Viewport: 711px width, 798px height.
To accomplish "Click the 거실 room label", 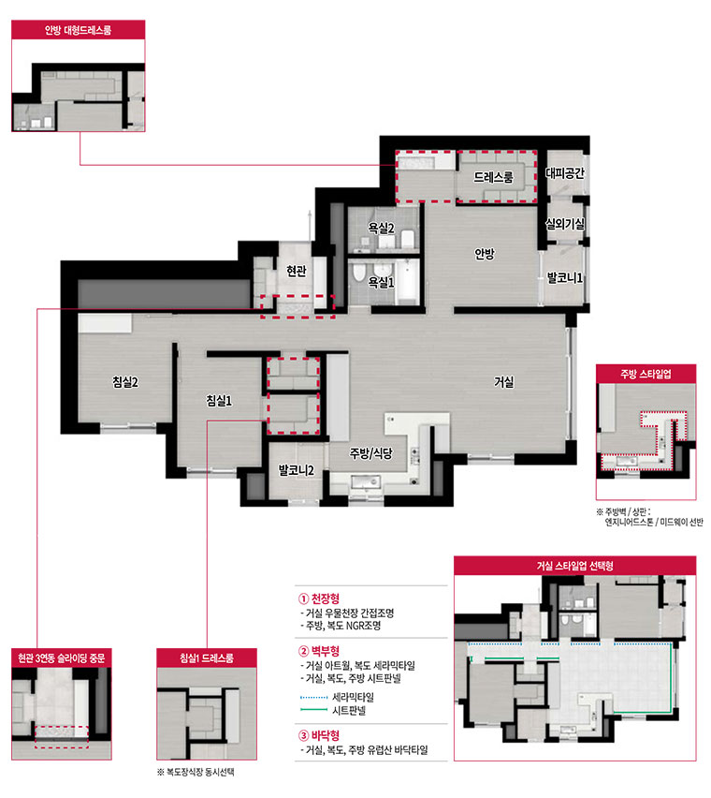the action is click(x=503, y=382).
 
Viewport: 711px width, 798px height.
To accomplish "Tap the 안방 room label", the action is click(x=485, y=254).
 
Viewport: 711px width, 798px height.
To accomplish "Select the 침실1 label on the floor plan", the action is click(x=219, y=401).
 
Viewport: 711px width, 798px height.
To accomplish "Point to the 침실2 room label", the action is click(x=125, y=382).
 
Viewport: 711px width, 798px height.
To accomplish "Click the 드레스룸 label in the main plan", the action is click(x=493, y=177).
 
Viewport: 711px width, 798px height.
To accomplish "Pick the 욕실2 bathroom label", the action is click(x=381, y=228).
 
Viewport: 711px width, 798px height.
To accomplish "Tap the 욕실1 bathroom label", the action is click(x=381, y=281).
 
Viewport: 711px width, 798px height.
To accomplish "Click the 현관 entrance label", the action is click(x=297, y=271).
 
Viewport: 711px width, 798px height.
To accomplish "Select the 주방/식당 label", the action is click(x=371, y=453).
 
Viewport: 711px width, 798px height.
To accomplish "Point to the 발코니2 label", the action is click(x=297, y=470).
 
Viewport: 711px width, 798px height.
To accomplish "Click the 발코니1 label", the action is click(x=565, y=278).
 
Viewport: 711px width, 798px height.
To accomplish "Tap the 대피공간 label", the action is click(x=565, y=173).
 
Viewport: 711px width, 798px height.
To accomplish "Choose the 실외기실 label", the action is click(x=565, y=224).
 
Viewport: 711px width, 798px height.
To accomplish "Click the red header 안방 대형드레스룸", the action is click(x=79, y=30).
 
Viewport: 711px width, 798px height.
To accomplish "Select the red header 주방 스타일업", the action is click(x=646, y=374).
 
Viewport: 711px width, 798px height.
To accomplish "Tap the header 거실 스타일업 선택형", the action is click(x=574, y=566).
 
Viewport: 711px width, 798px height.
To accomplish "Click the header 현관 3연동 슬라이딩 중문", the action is click(x=62, y=658).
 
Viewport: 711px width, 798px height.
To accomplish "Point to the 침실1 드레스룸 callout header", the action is click(x=207, y=658).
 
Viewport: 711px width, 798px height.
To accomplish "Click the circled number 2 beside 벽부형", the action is click(x=303, y=652).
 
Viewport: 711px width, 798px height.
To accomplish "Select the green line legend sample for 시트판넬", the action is click(x=313, y=709).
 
